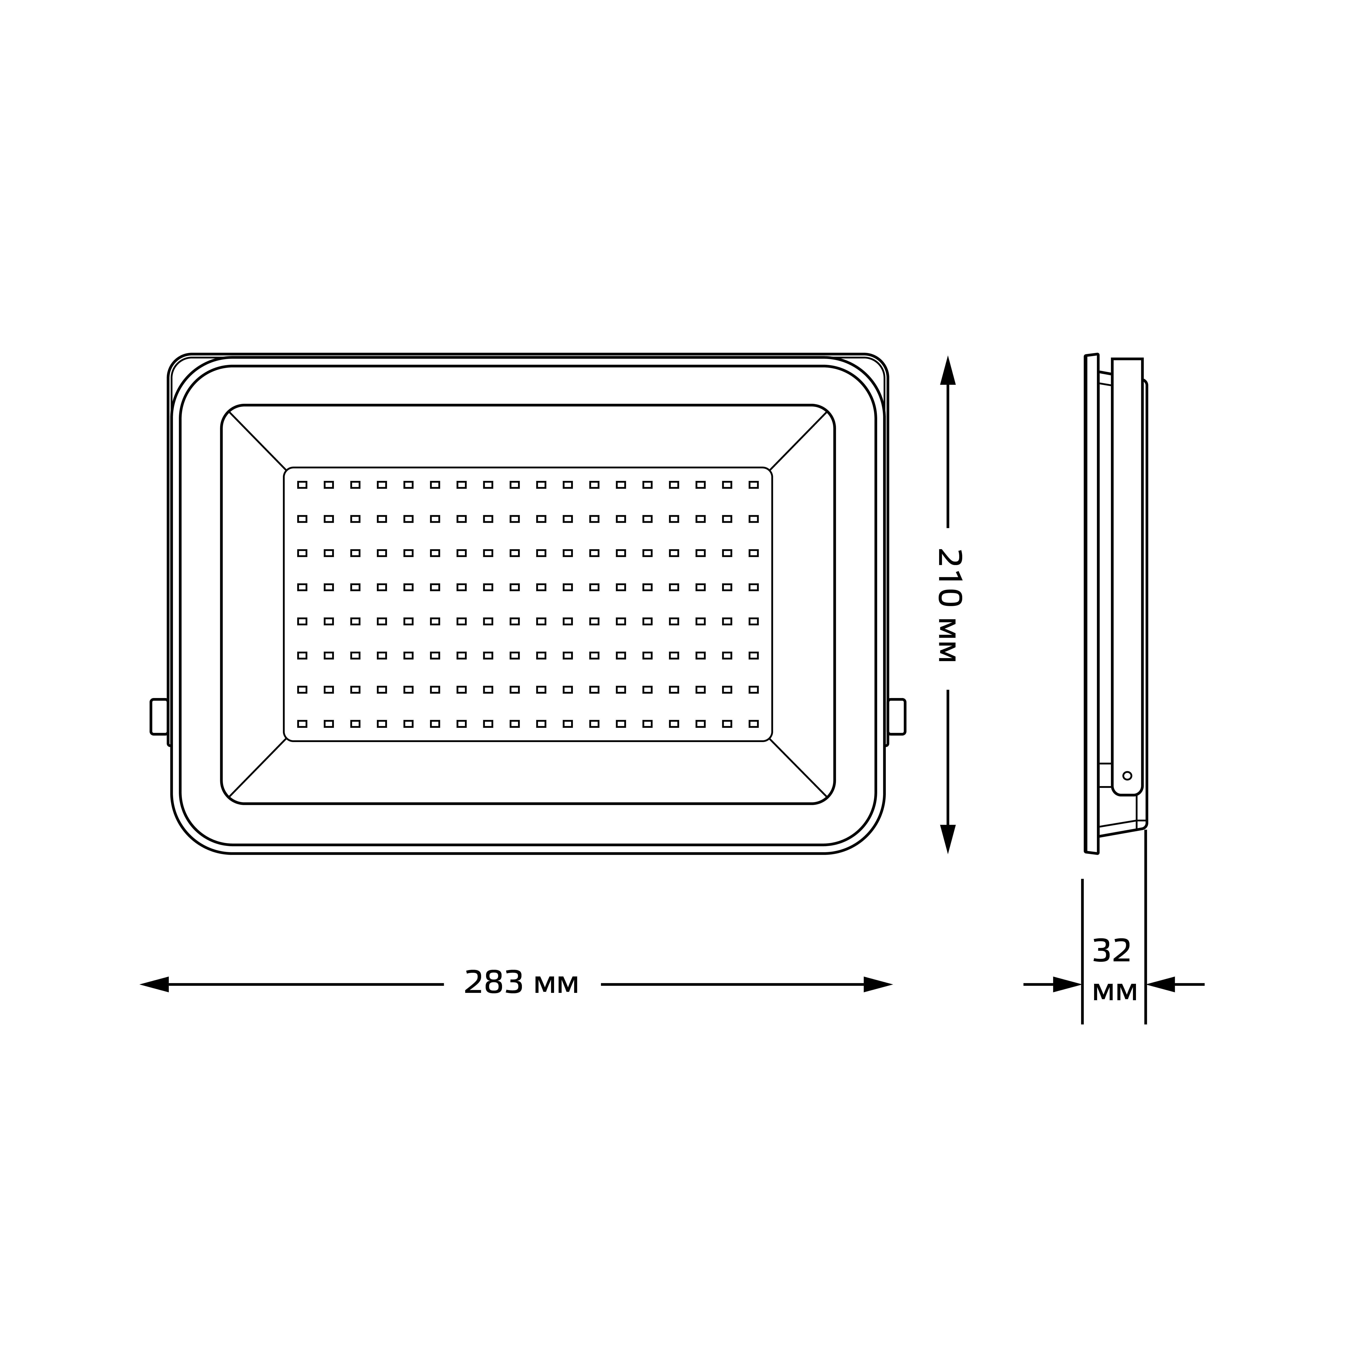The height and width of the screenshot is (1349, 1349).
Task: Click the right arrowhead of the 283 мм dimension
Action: pyautogui.click(x=878, y=984)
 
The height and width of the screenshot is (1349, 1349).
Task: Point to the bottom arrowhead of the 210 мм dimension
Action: pyautogui.click(x=948, y=839)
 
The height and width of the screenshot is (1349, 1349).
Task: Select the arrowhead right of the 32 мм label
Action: pyautogui.click(x=1161, y=984)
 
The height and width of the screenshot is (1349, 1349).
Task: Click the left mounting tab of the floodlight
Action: pyautogui.click(x=159, y=716)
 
